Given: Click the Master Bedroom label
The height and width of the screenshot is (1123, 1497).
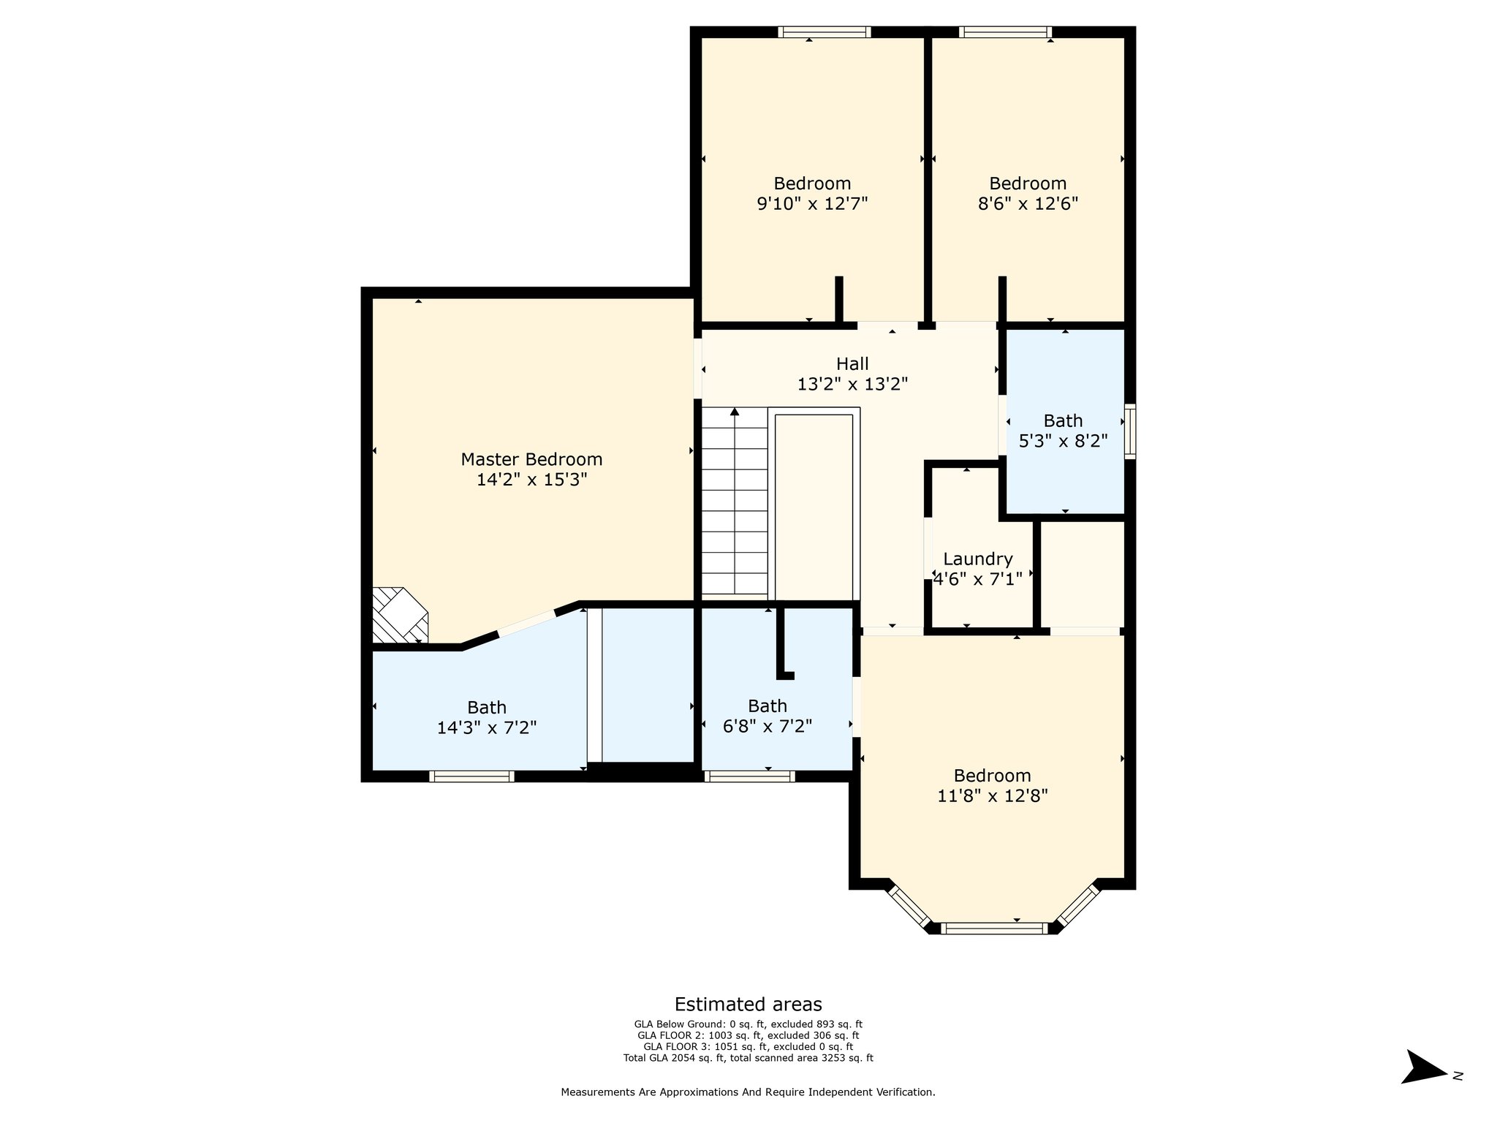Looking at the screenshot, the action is click(531, 459).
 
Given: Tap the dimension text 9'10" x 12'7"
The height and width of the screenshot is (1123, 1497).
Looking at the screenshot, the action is click(812, 203).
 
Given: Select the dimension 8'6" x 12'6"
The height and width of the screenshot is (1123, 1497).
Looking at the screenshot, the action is click(1028, 203).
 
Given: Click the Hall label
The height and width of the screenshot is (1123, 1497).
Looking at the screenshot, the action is click(852, 363).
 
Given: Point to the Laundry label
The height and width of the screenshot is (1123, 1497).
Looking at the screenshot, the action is click(978, 559).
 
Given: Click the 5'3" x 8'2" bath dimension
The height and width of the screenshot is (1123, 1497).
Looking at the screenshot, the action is click(1063, 441).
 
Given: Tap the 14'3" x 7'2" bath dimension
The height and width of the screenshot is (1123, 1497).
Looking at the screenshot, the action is click(487, 727).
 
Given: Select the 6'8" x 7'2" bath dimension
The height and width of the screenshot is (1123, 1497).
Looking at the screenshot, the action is click(768, 726).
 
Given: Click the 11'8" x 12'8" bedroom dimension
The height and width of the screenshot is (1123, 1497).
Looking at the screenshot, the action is click(993, 795).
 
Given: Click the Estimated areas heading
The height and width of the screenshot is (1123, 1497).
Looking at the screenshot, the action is click(748, 1004).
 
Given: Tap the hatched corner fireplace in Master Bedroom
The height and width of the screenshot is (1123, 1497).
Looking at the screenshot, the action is click(400, 614).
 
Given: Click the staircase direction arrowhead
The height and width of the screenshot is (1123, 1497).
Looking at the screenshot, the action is click(735, 412).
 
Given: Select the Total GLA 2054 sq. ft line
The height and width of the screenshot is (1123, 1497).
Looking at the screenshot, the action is click(748, 1057).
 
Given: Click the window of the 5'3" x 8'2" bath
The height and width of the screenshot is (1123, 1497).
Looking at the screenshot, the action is click(1130, 431).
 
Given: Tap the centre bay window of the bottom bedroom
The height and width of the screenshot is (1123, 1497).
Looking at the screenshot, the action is click(994, 929).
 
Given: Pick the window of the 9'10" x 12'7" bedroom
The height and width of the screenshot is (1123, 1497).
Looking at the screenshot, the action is click(825, 31).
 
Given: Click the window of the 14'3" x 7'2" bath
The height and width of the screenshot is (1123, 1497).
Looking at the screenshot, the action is click(471, 776).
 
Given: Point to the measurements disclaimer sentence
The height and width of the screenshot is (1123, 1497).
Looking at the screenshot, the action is click(748, 1092).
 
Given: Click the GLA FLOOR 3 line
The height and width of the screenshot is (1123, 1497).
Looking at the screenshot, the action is click(748, 1046).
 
